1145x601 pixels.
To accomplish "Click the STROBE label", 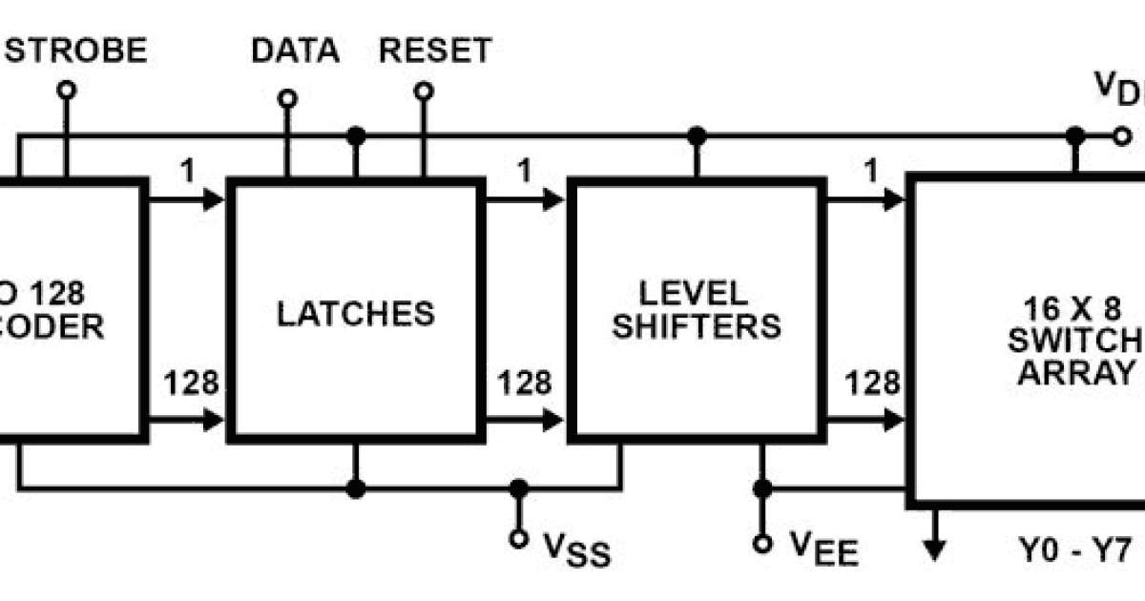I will (x=76, y=50).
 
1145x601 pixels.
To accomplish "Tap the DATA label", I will (x=295, y=50).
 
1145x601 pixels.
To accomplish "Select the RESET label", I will (x=435, y=50).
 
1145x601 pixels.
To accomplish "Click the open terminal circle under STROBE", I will (x=66, y=91).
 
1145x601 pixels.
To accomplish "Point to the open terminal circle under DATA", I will (x=286, y=98).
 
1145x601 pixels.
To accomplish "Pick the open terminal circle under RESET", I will (x=423, y=91).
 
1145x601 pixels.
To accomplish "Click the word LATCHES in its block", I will (x=355, y=313).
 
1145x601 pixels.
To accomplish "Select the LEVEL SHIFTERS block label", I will (x=696, y=309).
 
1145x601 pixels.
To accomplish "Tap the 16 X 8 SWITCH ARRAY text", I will (x=1078, y=340).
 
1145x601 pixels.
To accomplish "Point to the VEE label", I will (x=823, y=548).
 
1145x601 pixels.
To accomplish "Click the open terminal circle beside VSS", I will (x=518, y=539).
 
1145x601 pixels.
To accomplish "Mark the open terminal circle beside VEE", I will (x=761, y=544).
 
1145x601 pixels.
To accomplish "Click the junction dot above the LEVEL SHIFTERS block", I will (x=697, y=136).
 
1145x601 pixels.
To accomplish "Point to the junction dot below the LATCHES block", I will (x=356, y=489).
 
